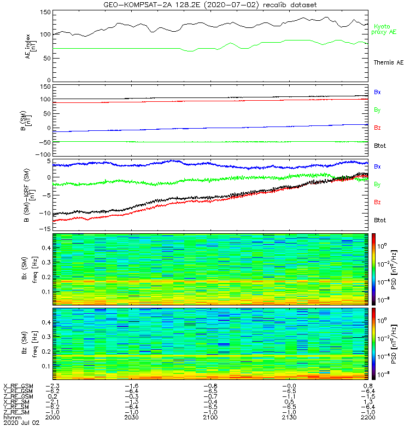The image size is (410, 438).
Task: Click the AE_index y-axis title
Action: tap(31, 46)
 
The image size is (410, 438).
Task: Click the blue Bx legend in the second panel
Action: tap(377, 92)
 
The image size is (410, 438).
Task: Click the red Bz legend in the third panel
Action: tap(377, 203)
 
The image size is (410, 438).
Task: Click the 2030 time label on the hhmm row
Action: tap(131, 417)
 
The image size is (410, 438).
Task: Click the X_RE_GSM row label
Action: tap(18, 385)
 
